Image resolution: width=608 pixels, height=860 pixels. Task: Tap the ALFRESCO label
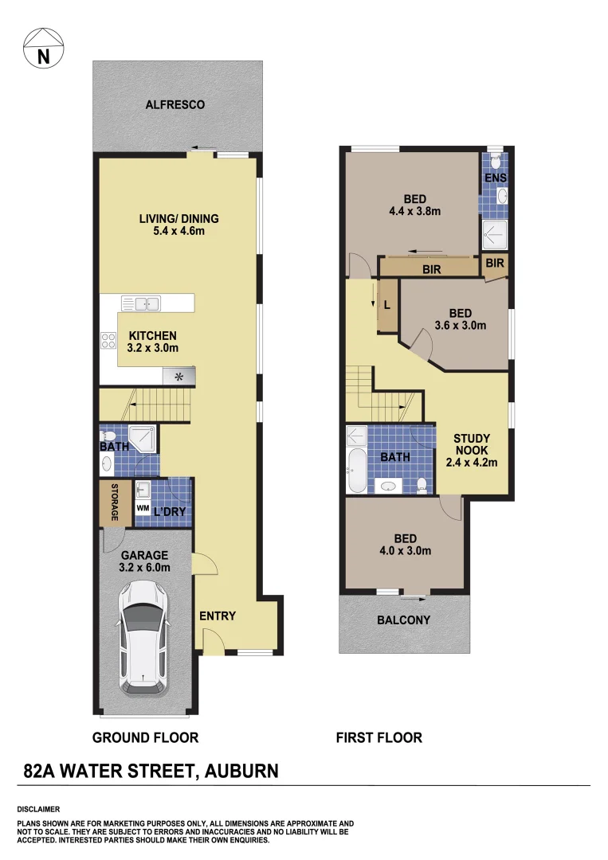(x=175, y=104)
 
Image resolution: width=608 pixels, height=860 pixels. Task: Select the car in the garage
(x=144, y=637)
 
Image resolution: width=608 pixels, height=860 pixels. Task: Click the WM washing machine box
(x=143, y=507)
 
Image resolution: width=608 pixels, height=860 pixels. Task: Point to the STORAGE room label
(x=115, y=502)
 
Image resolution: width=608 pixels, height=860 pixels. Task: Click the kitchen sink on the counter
(x=140, y=303)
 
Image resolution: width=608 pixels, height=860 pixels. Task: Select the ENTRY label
(x=218, y=616)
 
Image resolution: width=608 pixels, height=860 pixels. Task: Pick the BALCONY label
(x=403, y=620)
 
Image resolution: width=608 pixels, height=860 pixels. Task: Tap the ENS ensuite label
(x=494, y=177)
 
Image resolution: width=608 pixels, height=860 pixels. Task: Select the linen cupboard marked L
(x=387, y=305)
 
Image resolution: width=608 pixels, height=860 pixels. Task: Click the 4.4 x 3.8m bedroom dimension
(x=414, y=211)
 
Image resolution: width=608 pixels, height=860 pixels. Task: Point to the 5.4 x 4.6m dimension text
(x=178, y=231)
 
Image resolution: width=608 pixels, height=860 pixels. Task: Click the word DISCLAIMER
(x=37, y=809)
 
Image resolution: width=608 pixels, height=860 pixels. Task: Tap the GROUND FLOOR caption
(x=145, y=737)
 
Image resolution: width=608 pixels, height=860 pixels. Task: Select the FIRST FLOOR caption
(x=379, y=737)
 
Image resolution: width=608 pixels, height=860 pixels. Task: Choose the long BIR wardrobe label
(x=432, y=270)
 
